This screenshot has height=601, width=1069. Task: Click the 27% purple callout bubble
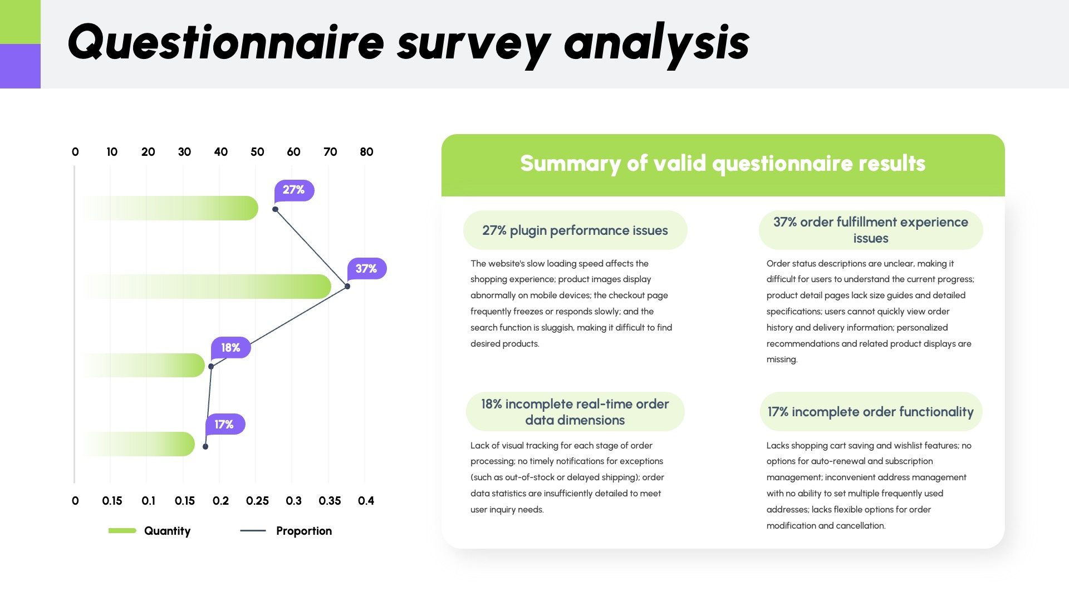pyautogui.click(x=294, y=190)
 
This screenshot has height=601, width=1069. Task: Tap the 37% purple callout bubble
pyautogui.click(x=366, y=269)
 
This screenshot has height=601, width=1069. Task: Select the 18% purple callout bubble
pyautogui.click(x=231, y=348)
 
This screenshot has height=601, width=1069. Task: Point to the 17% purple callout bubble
pyautogui.click(x=225, y=425)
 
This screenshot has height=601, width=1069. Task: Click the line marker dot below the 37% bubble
pyautogui.click(x=347, y=287)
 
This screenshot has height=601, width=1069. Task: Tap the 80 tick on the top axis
pyautogui.click(x=366, y=152)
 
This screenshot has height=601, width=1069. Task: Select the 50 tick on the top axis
pyautogui.click(x=257, y=152)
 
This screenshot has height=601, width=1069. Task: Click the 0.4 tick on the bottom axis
pyautogui.click(x=366, y=501)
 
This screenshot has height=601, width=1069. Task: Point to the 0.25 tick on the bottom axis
pyautogui.click(x=257, y=501)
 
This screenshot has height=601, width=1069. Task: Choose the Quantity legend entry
pyautogui.click(x=150, y=531)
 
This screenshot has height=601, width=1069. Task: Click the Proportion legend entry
pyautogui.click(x=287, y=531)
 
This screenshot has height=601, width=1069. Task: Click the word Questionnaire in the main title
pyautogui.click(x=225, y=43)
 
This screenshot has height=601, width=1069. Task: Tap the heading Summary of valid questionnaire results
pyautogui.click(x=723, y=164)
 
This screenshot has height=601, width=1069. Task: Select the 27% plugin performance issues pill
pyautogui.click(x=575, y=230)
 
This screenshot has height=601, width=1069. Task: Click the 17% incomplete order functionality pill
pyautogui.click(x=871, y=412)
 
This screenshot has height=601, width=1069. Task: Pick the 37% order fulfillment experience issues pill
pyautogui.click(x=871, y=230)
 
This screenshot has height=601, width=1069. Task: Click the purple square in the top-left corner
pyautogui.click(x=20, y=66)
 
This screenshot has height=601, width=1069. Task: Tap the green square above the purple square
pyautogui.click(x=20, y=22)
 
